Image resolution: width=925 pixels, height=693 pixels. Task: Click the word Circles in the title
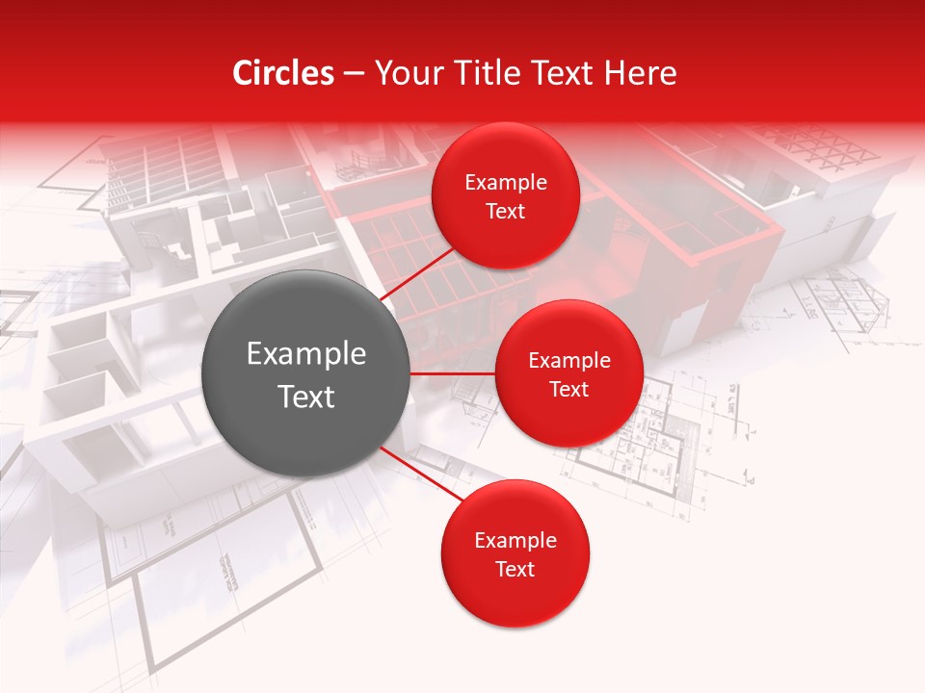[283, 73]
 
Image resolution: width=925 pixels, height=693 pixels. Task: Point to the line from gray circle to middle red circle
[453, 373]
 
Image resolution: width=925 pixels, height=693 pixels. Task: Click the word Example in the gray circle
[306, 354]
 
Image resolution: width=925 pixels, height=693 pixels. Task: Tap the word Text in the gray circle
[306, 397]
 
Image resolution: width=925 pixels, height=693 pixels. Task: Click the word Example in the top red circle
[506, 183]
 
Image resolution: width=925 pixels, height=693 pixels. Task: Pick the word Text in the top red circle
[506, 212]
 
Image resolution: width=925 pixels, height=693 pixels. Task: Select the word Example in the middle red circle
[569, 361]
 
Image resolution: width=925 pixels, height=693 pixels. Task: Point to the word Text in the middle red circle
[569, 390]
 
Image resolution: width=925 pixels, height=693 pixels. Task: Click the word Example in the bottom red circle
[515, 541]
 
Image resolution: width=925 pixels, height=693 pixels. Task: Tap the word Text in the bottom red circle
[515, 570]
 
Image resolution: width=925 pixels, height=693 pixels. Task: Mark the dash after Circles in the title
[354, 74]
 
